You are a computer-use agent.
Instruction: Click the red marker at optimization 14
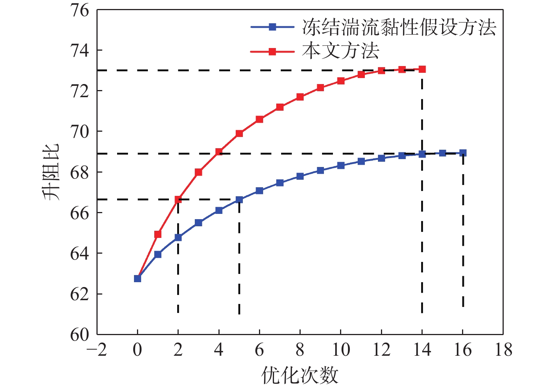(x=422, y=69)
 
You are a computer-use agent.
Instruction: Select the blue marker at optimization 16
(x=463, y=153)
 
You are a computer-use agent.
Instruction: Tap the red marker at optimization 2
(x=178, y=200)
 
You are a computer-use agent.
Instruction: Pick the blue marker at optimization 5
(x=239, y=200)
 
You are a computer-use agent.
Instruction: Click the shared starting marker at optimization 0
(x=137, y=278)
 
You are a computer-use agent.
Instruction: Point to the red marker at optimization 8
(x=300, y=97)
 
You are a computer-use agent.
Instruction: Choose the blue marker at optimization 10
(x=341, y=165)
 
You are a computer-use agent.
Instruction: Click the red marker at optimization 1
(x=158, y=234)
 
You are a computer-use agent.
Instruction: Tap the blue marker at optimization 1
(x=158, y=254)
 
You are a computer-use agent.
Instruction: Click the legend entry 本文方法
(x=340, y=51)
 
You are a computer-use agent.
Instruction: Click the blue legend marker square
(x=272, y=27)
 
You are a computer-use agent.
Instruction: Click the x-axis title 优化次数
(x=300, y=375)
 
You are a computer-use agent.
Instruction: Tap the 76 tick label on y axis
(x=80, y=11)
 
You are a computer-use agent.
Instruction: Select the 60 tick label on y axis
(x=80, y=334)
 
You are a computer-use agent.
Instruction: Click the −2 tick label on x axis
(x=97, y=350)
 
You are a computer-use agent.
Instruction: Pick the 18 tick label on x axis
(x=503, y=350)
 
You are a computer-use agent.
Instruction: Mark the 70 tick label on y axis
(x=80, y=132)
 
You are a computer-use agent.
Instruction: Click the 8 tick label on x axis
(x=300, y=350)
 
